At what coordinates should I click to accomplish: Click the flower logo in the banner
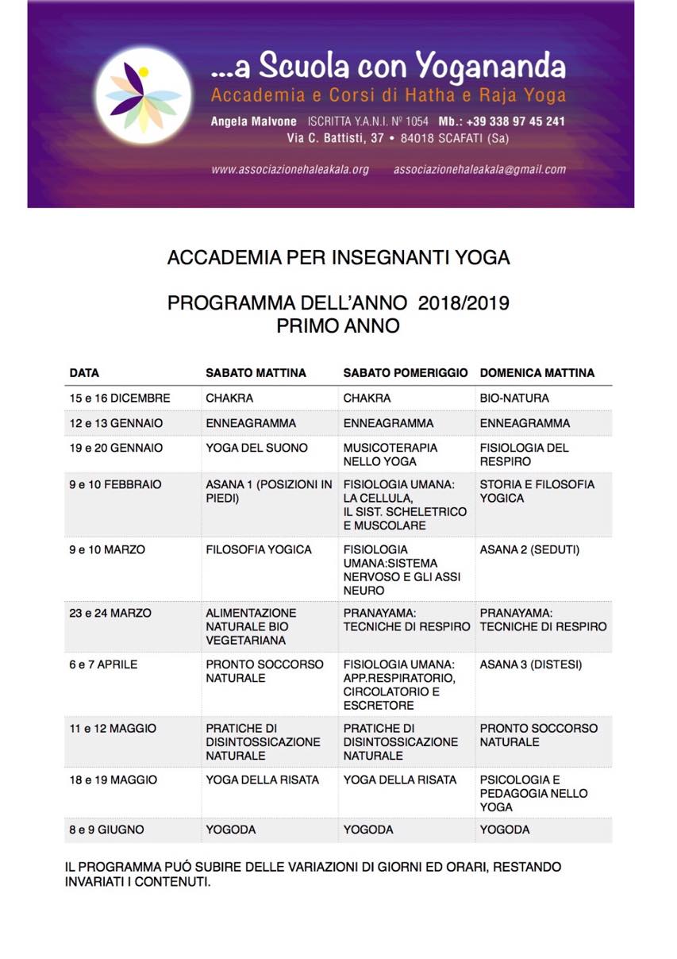144,95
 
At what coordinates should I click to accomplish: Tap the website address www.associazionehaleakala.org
290,170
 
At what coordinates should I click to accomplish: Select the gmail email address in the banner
479,170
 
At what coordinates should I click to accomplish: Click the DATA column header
84,372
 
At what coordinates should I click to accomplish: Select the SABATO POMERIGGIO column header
405,372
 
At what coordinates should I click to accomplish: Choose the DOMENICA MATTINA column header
537,372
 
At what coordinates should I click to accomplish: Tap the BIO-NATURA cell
514,398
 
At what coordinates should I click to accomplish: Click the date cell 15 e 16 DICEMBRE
119,398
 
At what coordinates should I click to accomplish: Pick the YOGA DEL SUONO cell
256,448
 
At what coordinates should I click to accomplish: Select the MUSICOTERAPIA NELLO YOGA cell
390,454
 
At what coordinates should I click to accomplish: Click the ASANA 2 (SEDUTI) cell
529,549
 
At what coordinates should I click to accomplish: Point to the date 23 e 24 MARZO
110,613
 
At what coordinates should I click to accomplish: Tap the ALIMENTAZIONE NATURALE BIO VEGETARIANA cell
251,626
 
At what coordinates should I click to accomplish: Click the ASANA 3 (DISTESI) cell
530,664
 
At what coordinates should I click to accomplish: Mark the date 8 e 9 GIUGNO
106,830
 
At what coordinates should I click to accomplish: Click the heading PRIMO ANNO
337,325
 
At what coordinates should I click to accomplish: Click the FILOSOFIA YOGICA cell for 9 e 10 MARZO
259,549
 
